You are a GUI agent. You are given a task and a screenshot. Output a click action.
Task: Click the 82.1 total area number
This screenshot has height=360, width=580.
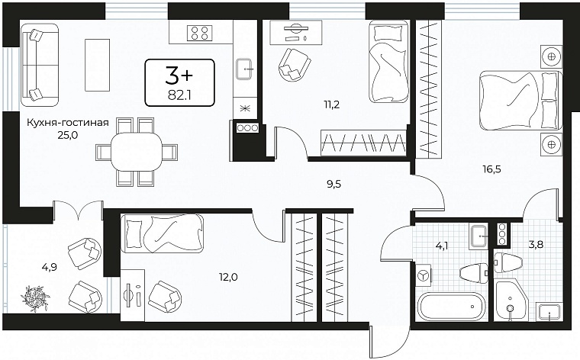click(x=179, y=95)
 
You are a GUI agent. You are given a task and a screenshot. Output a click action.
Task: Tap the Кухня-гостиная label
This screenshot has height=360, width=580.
click(x=68, y=122)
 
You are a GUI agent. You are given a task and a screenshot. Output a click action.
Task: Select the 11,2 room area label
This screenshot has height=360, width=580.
click(x=332, y=104)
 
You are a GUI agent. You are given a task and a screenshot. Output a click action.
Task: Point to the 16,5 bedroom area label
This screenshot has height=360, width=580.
click(x=492, y=169)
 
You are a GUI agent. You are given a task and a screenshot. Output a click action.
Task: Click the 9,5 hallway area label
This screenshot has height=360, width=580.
click(x=334, y=184)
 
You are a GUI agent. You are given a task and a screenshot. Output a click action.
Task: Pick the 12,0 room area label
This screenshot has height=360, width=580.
click(x=228, y=276)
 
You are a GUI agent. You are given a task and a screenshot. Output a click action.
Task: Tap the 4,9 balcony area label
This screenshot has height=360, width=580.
click(x=50, y=266)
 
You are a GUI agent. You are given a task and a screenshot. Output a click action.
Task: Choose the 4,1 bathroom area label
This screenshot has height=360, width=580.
click(x=442, y=245)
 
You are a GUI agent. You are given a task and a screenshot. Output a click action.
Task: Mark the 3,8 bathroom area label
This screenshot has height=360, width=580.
click(x=536, y=244)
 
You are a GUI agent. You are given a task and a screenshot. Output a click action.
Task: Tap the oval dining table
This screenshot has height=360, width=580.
click(x=137, y=152)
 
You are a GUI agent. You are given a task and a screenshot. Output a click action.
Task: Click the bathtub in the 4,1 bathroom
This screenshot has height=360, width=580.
click(x=451, y=306)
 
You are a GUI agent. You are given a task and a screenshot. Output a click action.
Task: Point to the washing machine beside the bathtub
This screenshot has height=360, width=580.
click(x=423, y=276)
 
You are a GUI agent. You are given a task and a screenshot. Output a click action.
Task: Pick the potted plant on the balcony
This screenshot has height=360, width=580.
click(x=36, y=298)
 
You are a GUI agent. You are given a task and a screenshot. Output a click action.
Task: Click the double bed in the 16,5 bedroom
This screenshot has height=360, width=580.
click(x=520, y=100)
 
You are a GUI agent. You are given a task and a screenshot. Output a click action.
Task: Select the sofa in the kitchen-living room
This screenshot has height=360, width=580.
click(x=40, y=65)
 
